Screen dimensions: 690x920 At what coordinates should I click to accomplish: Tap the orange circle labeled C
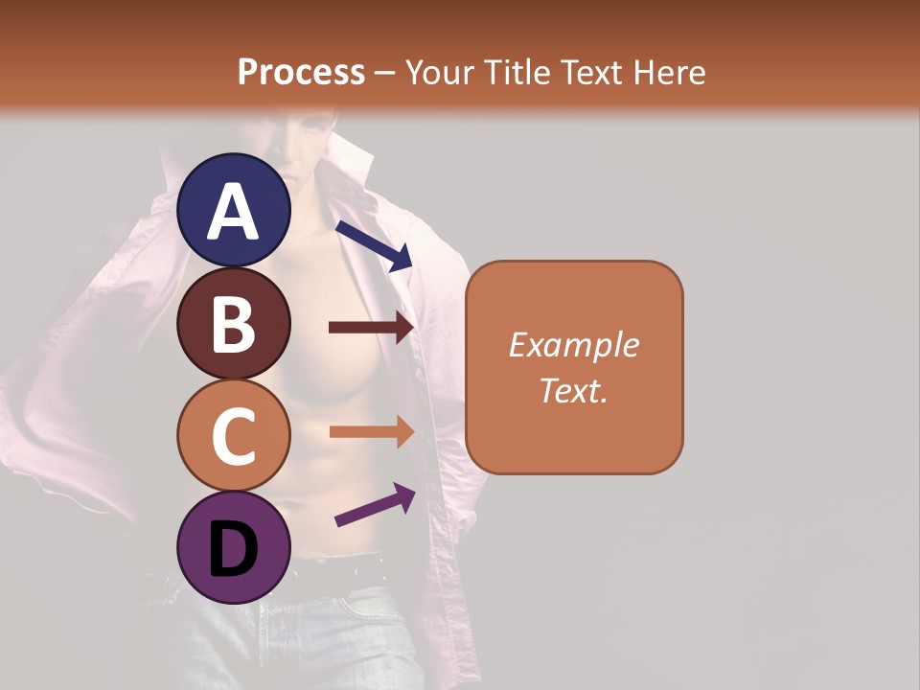[x=234, y=435]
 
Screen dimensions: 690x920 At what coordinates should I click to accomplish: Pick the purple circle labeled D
[x=234, y=547]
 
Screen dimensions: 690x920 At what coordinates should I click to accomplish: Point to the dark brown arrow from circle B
[x=371, y=328]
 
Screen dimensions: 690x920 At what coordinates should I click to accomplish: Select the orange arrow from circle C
[x=371, y=431]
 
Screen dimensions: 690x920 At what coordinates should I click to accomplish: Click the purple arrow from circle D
[x=374, y=505]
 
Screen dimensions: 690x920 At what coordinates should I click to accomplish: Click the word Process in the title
[x=301, y=72]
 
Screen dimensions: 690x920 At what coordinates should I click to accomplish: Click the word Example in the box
[x=574, y=346]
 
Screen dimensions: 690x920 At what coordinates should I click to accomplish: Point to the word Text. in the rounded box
[x=574, y=390]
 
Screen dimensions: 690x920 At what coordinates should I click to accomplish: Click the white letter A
[x=234, y=213]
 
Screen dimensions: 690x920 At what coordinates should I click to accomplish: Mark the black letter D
[x=234, y=551]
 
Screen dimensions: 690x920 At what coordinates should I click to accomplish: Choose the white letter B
[x=234, y=325]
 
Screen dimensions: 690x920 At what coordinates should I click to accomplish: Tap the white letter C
[x=234, y=437]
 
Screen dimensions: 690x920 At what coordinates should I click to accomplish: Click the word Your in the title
[x=437, y=72]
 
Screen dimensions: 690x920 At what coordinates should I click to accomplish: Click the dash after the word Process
[x=385, y=73]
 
